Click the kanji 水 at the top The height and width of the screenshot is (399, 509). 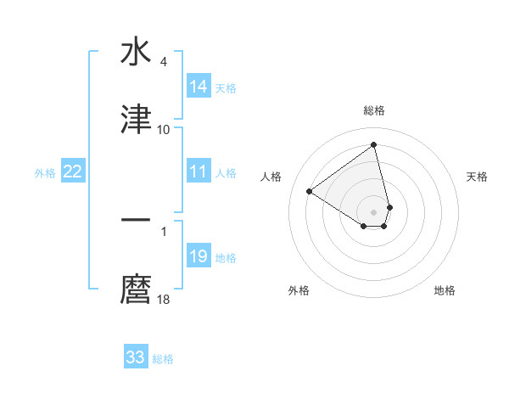click(136, 53)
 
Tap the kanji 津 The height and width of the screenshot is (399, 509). click(136, 120)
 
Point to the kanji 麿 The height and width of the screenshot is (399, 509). click(136, 289)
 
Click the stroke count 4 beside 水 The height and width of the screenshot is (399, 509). click(163, 62)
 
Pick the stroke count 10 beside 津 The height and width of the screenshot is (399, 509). click(163, 130)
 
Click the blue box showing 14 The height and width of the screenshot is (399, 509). click(199, 87)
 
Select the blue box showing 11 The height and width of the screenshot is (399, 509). click(199, 171)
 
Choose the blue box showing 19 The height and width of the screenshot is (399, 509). click(199, 256)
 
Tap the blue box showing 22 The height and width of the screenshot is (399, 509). click(73, 171)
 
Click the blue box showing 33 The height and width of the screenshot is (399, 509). click(136, 357)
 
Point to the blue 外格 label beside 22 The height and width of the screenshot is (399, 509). click(45, 172)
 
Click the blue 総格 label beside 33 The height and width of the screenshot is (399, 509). click(163, 358)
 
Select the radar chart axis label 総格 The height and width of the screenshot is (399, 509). click(374, 110)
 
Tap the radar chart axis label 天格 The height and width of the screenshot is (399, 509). click(477, 177)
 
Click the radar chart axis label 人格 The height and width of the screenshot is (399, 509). click(271, 177)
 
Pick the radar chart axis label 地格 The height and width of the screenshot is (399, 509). click(445, 290)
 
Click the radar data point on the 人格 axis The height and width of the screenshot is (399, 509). click(310, 191)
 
